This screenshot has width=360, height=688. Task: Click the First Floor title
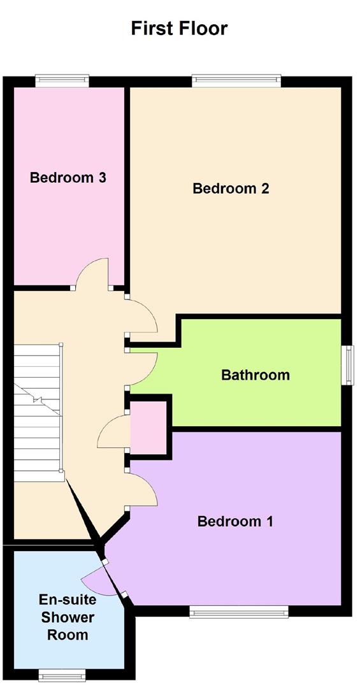click(179, 28)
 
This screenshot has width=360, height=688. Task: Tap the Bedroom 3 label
click(68, 178)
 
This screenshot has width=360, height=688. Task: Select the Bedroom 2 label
click(231, 189)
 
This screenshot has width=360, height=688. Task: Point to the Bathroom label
click(255, 375)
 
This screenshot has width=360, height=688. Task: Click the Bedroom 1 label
click(235, 522)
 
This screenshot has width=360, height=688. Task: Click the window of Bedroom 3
click(62, 80)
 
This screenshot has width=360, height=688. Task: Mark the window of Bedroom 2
click(236, 80)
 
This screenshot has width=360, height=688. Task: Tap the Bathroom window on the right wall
click(348, 365)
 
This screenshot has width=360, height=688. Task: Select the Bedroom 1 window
click(239, 612)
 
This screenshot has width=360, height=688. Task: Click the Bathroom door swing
click(143, 369)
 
